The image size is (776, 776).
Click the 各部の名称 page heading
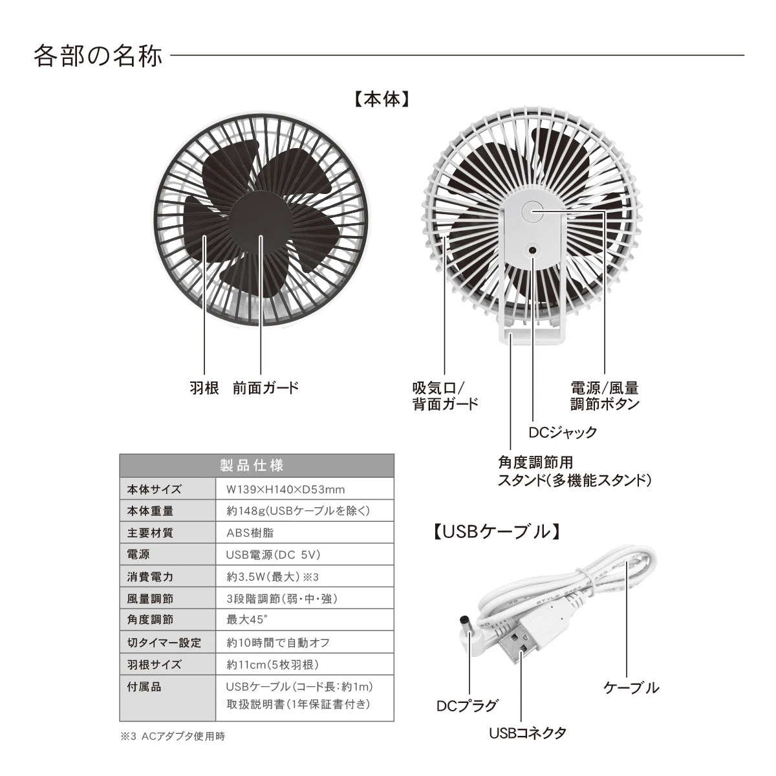98,56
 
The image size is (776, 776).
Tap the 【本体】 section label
382,100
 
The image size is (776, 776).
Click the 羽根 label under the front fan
204,388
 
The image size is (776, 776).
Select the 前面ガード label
266,388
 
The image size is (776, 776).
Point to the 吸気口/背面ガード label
445,396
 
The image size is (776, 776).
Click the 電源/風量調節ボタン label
605,396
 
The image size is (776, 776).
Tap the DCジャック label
563,432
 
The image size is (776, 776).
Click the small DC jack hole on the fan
533,250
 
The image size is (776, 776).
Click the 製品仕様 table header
252,466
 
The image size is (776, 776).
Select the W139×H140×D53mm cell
286,490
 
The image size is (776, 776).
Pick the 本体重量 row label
150,511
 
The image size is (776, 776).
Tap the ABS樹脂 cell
250,533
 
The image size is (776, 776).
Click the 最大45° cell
247,620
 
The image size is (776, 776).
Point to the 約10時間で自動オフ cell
278,642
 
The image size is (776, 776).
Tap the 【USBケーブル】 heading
496,531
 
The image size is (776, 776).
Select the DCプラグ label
468,706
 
